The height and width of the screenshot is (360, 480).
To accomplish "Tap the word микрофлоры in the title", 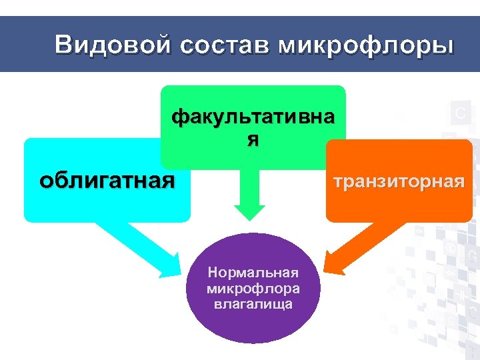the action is (x=366, y=45).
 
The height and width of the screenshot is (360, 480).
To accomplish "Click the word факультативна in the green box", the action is (x=253, y=118).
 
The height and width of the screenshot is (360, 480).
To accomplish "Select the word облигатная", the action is (x=107, y=180).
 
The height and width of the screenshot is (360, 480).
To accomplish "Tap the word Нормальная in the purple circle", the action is (x=253, y=273).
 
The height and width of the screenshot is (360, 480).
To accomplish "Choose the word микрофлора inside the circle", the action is (x=253, y=289).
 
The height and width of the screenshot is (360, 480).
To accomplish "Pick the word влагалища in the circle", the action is (x=253, y=304).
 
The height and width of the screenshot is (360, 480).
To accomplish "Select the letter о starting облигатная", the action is (x=45, y=181).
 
